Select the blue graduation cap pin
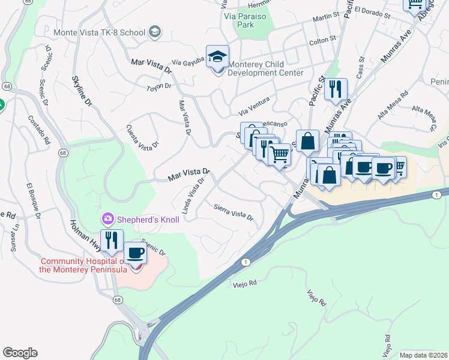pos(217,57)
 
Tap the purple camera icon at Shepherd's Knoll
pos(108,218)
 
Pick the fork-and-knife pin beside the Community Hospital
pos(111,241)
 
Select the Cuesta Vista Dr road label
pos(142,136)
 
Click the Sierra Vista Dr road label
pos(234,212)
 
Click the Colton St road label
pos(322,40)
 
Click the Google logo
pos(20,353)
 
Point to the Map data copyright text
pos(423,355)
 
